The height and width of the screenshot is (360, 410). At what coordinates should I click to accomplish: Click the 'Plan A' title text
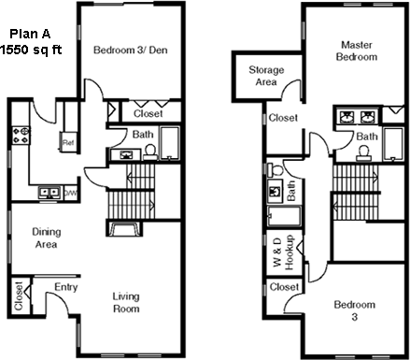[x=30, y=34]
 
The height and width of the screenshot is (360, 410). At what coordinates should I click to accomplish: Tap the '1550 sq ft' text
[x=31, y=50]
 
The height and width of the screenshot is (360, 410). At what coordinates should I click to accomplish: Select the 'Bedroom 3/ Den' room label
[x=131, y=50]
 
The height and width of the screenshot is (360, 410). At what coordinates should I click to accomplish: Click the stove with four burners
[x=21, y=136]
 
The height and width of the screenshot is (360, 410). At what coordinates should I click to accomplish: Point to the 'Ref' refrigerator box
[x=68, y=142]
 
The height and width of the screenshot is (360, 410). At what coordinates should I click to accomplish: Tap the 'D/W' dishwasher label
[x=70, y=194]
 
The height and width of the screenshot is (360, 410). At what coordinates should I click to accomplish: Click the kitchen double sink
[x=49, y=193]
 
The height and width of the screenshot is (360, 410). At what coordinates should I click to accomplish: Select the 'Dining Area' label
[x=47, y=238]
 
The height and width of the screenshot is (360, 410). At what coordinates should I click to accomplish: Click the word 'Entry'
[x=65, y=287]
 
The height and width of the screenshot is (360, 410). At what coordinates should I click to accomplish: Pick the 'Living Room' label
[x=126, y=302]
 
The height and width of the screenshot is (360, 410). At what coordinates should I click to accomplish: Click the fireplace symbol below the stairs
[x=124, y=228]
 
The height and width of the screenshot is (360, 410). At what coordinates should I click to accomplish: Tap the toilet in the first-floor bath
[x=150, y=151]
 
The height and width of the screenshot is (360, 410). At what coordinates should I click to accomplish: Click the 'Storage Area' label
[x=266, y=76]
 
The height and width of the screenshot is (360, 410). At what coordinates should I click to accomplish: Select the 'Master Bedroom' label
[x=357, y=50]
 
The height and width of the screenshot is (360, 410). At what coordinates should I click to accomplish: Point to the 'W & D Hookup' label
[x=283, y=252]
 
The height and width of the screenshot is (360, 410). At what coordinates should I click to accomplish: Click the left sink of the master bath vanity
[x=346, y=117]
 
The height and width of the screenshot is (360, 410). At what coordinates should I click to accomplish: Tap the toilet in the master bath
[x=364, y=153]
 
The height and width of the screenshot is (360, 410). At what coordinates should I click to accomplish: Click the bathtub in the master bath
[x=393, y=144]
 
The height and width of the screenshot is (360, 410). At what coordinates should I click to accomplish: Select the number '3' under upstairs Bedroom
[x=355, y=317]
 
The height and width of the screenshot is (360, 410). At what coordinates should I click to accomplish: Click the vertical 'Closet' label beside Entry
[x=19, y=296]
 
